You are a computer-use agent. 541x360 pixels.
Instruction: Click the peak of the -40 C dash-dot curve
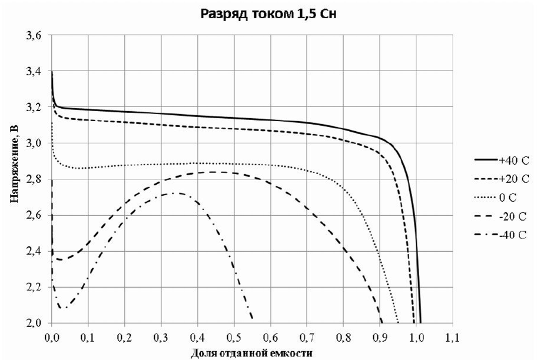[x=177, y=193]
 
